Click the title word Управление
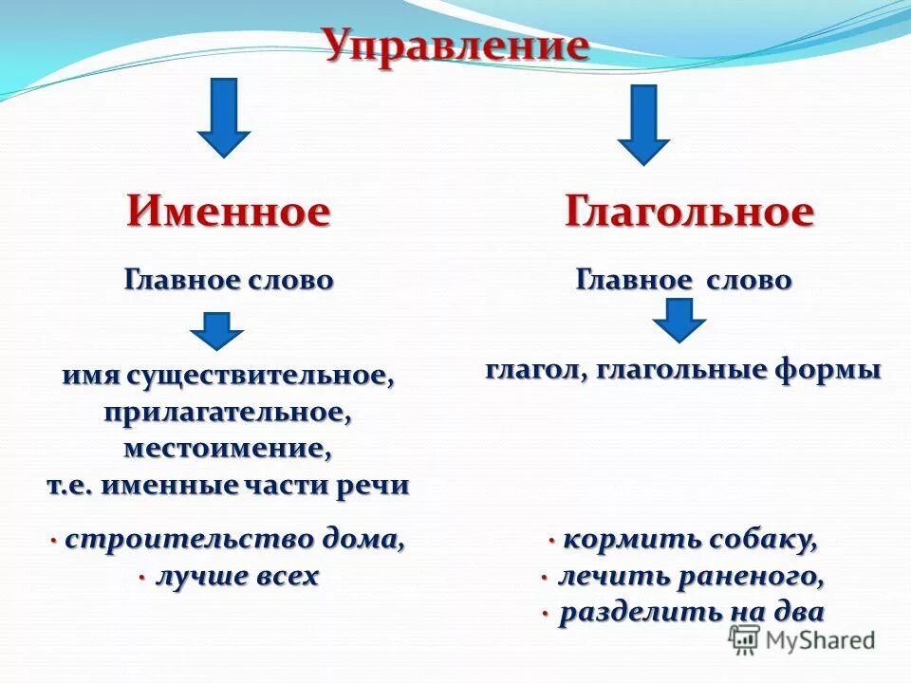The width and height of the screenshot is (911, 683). [x=455, y=45]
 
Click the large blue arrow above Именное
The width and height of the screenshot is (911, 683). [x=224, y=116]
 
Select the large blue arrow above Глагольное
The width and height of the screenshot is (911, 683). [x=643, y=123]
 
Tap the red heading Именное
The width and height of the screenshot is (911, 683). [x=229, y=211]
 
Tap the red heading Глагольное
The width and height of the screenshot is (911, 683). [x=689, y=211]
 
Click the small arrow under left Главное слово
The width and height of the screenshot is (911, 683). [x=216, y=332]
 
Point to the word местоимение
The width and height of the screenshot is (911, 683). [x=229, y=447]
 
